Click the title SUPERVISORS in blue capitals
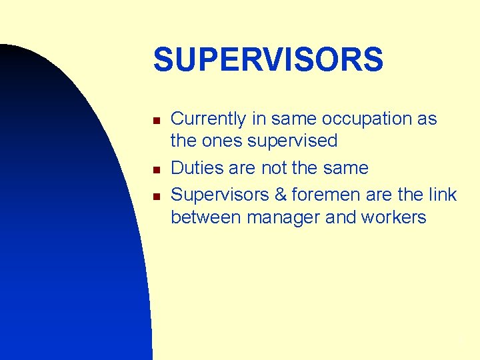[x=268, y=60]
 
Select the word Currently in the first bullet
[x=209, y=119]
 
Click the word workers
[x=397, y=217]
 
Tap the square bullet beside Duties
[x=155, y=169]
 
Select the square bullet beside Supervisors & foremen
[x=155, y=196]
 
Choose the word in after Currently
[x=258, y=119]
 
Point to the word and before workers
[x=349, y=217]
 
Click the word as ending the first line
[x=427, y=119]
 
